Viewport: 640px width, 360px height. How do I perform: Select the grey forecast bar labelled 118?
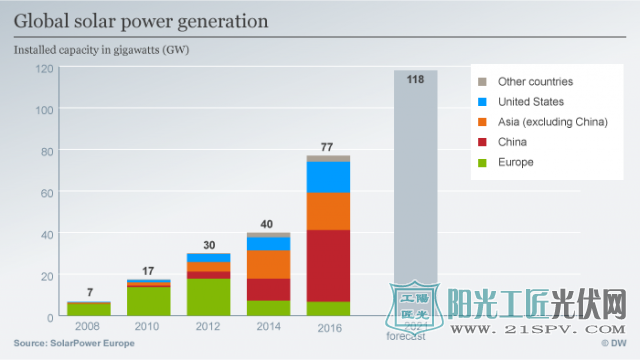point(415,180)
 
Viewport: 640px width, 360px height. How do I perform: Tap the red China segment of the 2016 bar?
point(328,265)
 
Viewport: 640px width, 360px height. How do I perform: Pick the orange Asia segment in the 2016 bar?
point(328,211)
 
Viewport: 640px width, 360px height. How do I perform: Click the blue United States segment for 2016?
point(328,177)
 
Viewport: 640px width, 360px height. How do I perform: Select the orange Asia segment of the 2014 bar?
point(268,264)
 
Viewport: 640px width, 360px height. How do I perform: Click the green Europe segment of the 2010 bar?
point(148,301)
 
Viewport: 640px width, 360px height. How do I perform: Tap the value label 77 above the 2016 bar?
point(327,147)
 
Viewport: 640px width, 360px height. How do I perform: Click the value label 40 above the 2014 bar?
point(268,224)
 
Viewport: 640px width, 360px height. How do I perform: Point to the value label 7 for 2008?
point(89,292)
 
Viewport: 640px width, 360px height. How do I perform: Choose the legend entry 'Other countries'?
point(535,82)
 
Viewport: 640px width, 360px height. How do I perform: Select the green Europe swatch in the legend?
point(482,162)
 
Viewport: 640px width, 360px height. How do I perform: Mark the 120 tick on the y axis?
point(44,68)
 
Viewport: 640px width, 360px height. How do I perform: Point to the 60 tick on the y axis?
point(46,192)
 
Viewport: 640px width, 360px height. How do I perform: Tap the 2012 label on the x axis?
point(208,327)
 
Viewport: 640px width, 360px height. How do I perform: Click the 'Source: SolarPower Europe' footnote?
point(73,343)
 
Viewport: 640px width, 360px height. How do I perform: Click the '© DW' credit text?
point(611,343)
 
